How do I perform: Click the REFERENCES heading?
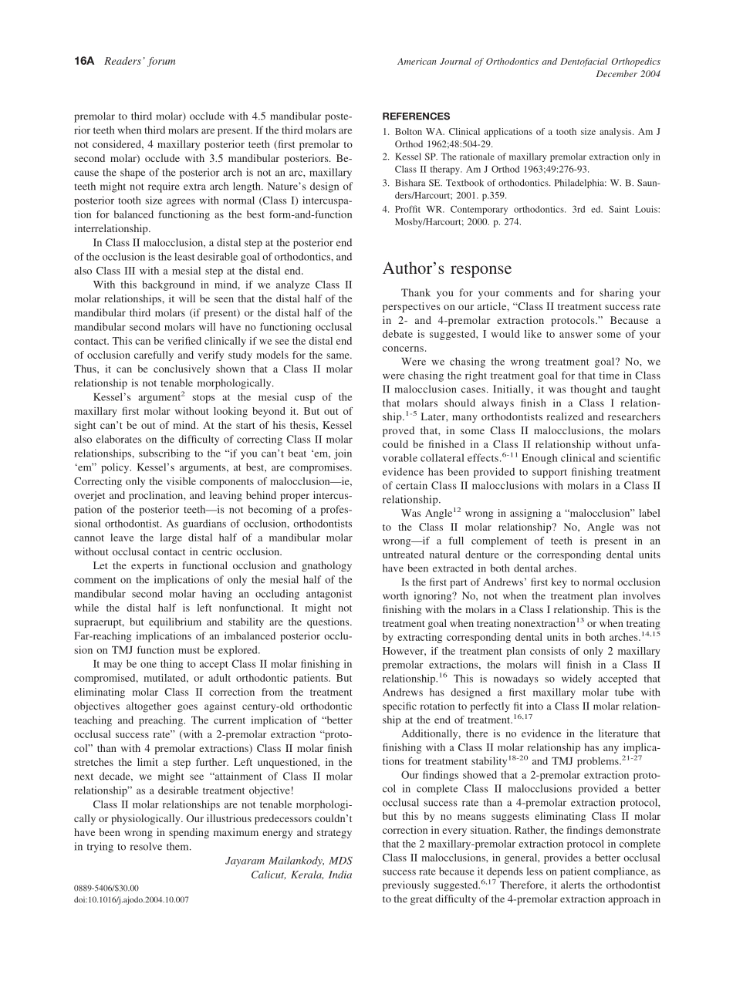point(416,116)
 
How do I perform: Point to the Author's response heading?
point(447,268)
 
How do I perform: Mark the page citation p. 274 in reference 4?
point(505,222)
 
